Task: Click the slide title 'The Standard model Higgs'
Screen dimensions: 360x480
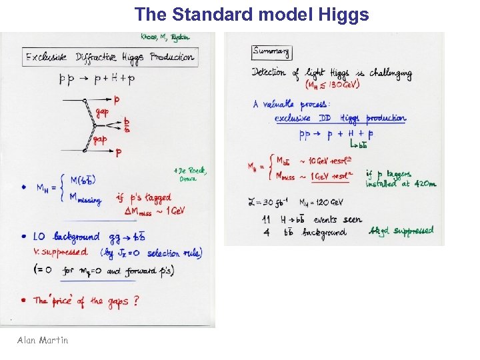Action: (251, 15)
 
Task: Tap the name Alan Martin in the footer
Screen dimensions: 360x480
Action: (43, 340)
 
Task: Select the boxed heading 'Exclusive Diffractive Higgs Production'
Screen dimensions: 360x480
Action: (110, 57)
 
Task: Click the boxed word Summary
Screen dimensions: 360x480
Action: (271, 51)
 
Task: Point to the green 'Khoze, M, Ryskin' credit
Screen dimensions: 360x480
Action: (165, 37)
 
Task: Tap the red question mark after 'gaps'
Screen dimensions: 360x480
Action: (136, 301)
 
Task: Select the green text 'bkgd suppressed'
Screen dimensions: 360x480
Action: (401, 231)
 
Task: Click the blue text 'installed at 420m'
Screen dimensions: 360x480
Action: (401, 184)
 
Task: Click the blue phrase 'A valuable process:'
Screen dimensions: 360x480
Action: (290, 104)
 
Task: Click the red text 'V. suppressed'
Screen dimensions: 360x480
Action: (61, 253)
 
